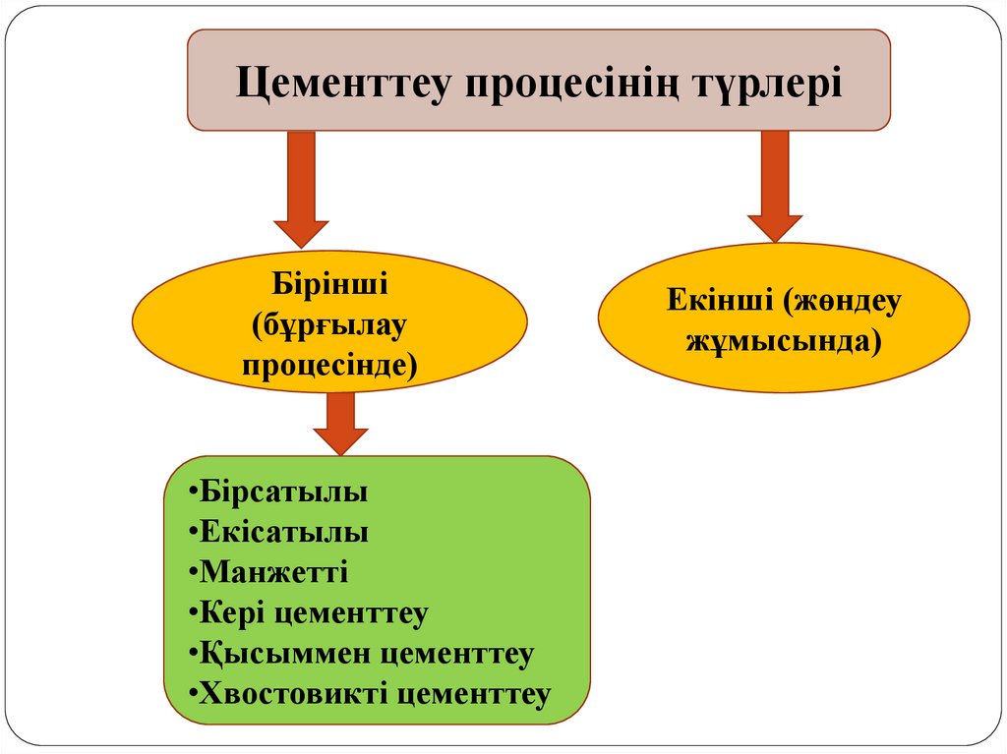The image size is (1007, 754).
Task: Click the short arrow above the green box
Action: [x=340, y=424]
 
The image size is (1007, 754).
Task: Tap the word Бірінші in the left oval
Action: [x=329, y=286]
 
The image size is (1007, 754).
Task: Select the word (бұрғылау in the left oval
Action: [x=329, y=325]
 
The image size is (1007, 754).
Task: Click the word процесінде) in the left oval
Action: [x=329, y=365]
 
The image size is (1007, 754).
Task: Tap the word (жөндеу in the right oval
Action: [x=842, y=300]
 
